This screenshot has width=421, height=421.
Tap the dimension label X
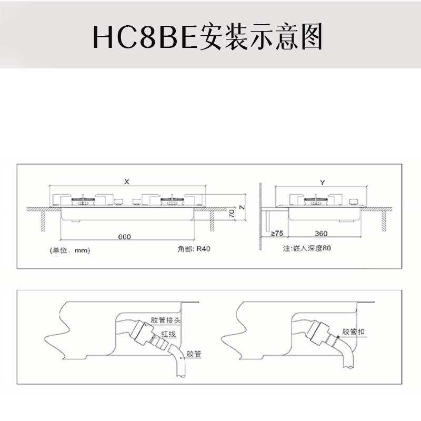[126, 182]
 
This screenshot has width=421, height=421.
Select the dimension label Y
[322, 182]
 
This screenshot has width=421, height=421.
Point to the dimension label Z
[241, 207]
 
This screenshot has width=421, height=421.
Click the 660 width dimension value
[124, 237]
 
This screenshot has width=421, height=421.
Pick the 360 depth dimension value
[321, 233]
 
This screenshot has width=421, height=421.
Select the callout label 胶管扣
[353, 332]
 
